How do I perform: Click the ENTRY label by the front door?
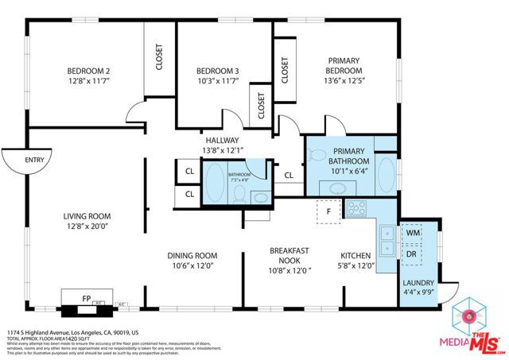(x=35, y=160)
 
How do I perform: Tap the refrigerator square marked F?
(x=327, y=212)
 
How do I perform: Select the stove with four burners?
(x=356, y=210)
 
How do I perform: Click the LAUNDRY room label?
(x=418, y=282)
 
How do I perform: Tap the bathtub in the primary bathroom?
(x=386, y=174)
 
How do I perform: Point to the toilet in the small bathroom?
(x=259, y=196)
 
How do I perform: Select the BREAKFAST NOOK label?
(x=289, y=255)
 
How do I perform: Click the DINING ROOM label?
(x=192, y=255)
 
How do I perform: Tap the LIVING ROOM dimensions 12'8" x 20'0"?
(x=87, y=227)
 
